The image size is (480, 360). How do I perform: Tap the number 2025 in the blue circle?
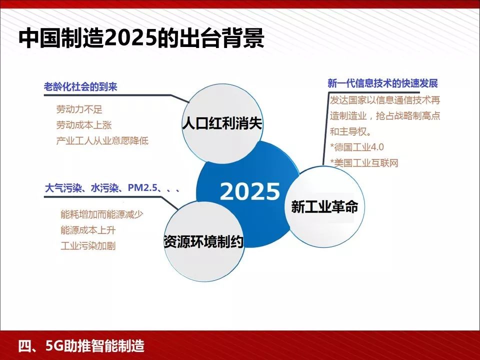pyautogui.click(x=250, y=191)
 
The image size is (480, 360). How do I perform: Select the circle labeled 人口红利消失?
pyautogui.click(x=222, y=123)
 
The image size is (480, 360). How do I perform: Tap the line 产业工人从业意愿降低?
pyautogui.click(x=102, y=140)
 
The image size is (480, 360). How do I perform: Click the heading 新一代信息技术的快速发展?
pyautogui.click(x=382, y=83)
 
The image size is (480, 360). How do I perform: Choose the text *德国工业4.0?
pyautogui.click(x=357, y=147)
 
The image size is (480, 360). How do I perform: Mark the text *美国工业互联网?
pyautogui.click(x=364, y=162)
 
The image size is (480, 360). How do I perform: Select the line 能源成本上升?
pyautogui.click(x=88, y=230)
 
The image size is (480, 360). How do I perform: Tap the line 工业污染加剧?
pyautogui.click(x=88, y=246)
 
